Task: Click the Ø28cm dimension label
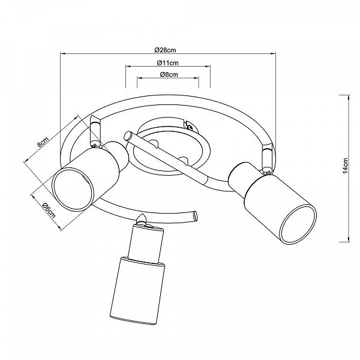tap(166, 50)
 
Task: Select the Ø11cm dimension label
tap(168, 62)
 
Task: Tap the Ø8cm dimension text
tap(169, 74)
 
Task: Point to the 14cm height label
tap(346, 166)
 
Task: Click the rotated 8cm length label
tap(43, 142)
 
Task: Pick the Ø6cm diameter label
tap(49, 210)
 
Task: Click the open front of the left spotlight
tap(73, 189)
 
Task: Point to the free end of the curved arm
tap(195, 216)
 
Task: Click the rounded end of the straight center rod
tap(127, 136)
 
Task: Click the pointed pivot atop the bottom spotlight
tap(142, 218)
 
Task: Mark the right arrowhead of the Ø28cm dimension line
tap(273, 53)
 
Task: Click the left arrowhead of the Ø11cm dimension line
tap(128, 67)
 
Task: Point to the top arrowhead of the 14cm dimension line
tap(349, 98)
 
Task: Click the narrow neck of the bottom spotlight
tap(146, 243)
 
